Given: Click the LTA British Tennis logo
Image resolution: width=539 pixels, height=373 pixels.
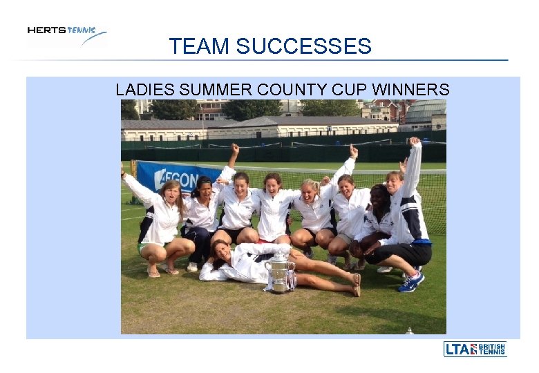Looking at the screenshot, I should (475, 349).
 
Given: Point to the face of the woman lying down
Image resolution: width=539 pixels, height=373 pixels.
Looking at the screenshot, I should (223, 249).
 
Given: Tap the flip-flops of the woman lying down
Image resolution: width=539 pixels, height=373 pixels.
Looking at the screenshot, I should (357, 284).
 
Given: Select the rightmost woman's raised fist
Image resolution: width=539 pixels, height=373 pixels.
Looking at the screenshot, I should (414, 142).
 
